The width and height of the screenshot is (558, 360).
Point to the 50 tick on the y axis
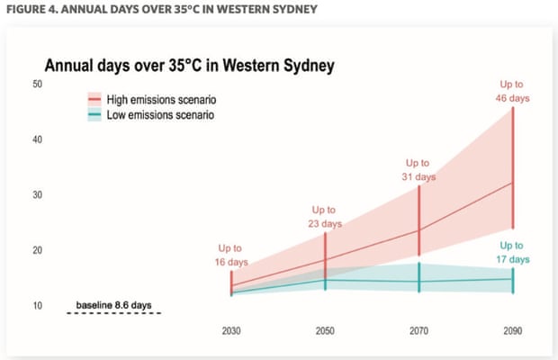[x=37, y=84]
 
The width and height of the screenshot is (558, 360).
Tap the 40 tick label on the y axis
[x=37, y=139]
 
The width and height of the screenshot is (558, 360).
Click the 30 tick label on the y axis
[x=37, y=195]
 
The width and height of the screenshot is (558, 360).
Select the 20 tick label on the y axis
[x=37, y=251]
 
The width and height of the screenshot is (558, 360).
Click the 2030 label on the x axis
[x=232, y=331]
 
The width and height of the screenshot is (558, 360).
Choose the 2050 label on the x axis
[x=325, y=331]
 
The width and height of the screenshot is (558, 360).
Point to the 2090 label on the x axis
[x=512, y=331]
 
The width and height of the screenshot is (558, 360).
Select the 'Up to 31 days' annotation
[x=418, y=170]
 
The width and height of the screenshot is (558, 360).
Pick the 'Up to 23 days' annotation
[x=325, y=216]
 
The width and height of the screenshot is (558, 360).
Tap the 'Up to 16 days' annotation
[x=231, y=255]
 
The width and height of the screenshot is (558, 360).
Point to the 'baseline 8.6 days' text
[x=112, y=306]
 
